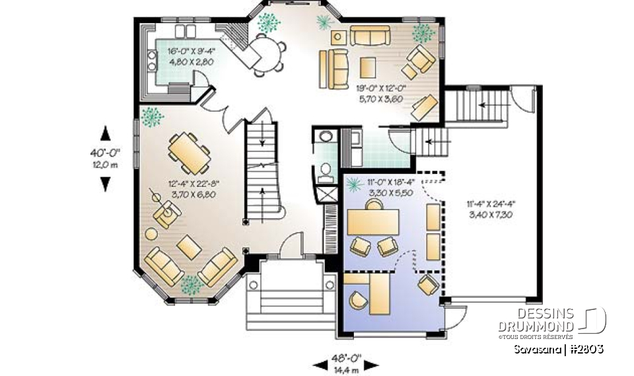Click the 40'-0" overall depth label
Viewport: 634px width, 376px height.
pyautogui.click(x=104, y=153)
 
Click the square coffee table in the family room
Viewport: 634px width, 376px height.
pyautogui.click(x=367, y=67)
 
